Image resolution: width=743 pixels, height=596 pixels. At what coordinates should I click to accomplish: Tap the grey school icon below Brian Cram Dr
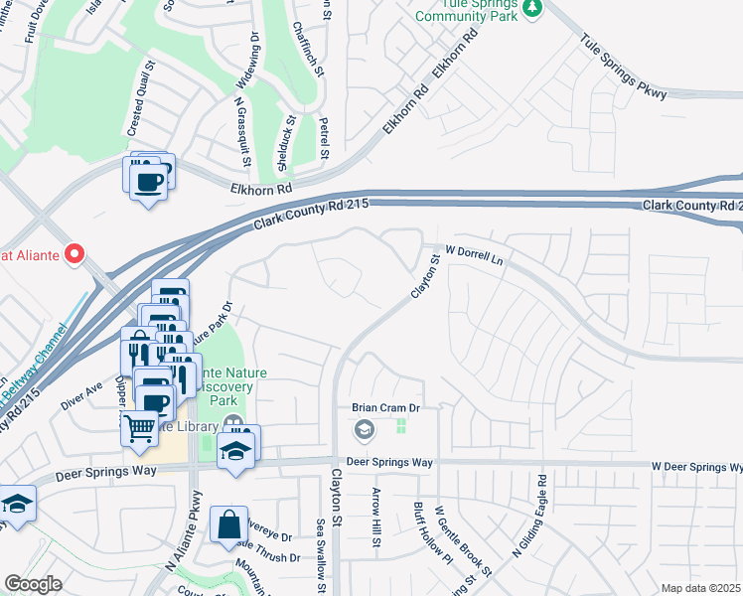pos(365,429)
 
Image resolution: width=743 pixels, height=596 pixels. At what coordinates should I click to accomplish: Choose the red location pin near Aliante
pos(74,254)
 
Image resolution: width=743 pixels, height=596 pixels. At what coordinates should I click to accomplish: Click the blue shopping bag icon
pos(228,523)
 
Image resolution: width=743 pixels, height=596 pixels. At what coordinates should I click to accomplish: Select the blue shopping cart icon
pos(140,428)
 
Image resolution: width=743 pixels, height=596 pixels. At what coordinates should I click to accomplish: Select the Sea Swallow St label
pos(321,556)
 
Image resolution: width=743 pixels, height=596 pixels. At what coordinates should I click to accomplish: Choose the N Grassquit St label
pos(240,129)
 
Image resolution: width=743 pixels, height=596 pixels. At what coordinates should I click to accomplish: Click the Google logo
pos(33,584)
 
